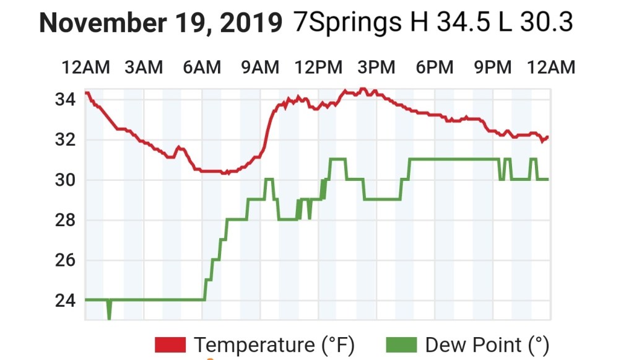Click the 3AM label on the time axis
pos(144,67)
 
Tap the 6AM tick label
pos(202,67)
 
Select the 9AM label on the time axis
pos(260,67)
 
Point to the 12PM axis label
pos(318,67)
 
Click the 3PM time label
pos(376,67)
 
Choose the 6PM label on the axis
pos(435,67)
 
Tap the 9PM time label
pos(493,67)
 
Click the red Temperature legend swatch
pos(170,345)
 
